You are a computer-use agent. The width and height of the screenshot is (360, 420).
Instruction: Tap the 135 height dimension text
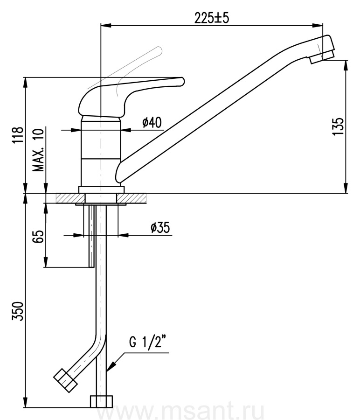pyautogui.click(x=338, y=126)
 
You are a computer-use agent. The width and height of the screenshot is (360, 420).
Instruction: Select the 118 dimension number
pyautogui.click(x=18, y=135)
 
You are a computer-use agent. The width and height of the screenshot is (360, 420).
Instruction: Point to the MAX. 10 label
pyautogui.click(x=38, y=150)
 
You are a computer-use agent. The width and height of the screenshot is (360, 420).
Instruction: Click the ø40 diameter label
pyautogui.click(x=152, y=123)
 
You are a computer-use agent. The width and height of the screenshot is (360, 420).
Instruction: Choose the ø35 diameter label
pyautogui.click(x=160, y=228)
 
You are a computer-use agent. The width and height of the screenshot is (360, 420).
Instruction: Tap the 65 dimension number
pyautogui.click(x=39, y=236)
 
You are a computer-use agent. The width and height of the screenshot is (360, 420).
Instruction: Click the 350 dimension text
pyautogui.click(x=18, y=311)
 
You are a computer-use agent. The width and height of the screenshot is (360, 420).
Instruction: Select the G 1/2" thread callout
pyautogui.click(x=146, y=342)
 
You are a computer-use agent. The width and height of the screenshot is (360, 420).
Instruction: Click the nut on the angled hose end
pyautogui.click(x=65, y=380)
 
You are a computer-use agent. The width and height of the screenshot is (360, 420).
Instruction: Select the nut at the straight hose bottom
pyautogui.click(x=101, y=401)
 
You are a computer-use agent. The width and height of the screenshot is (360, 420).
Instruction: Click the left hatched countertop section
pyautogui.click(x=70, y=198)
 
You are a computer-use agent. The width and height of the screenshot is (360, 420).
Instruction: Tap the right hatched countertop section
pyautogui.click(x=132, y=198)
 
